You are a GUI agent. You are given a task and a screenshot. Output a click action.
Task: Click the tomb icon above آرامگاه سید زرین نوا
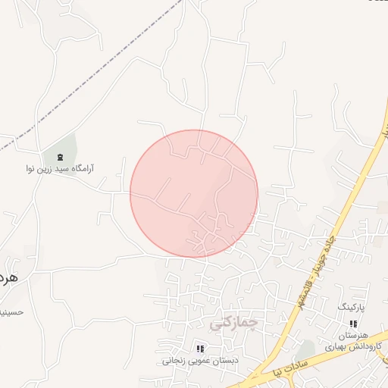coord(60,156)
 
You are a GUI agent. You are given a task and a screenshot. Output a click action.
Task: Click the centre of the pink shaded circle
coord(194,193)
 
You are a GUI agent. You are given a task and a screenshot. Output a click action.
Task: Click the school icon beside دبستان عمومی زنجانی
coord(200,349)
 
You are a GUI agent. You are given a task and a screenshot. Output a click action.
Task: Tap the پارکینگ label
coord(351,308)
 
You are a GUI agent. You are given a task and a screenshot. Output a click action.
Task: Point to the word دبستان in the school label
coord(224,361)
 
